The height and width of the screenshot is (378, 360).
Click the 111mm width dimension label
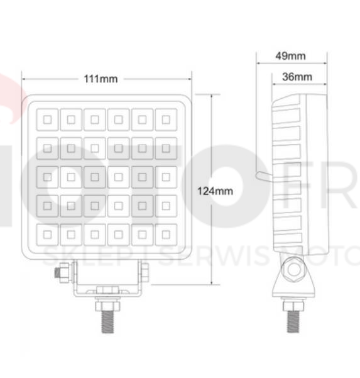coord(101,79)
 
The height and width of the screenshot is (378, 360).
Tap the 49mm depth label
coord(290,56)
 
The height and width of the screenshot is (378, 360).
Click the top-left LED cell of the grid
coord(48,119)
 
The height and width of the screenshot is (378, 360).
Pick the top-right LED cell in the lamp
coord(165,119)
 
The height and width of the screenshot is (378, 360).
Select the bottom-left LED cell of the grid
coord(48,234)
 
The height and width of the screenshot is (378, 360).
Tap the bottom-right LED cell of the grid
coord(165,234)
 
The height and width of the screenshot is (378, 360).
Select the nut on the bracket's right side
coord(145,272)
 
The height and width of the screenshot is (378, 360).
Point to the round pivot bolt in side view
coord(293,272)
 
